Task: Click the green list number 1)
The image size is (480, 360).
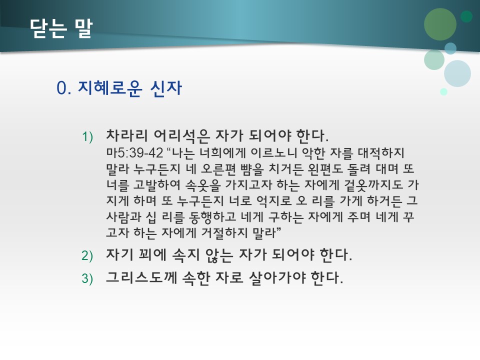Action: [x=87, y=136]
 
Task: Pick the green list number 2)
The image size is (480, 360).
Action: [x=87, y=256]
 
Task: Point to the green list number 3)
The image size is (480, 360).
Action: [x=87, y=278]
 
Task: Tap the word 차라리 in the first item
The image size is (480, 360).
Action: [x=123, y=135]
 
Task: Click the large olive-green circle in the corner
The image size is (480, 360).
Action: [x=440, y=24]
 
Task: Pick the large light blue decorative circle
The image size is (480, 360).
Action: [x=457, y=73]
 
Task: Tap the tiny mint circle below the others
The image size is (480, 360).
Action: [x=443, y=91]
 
